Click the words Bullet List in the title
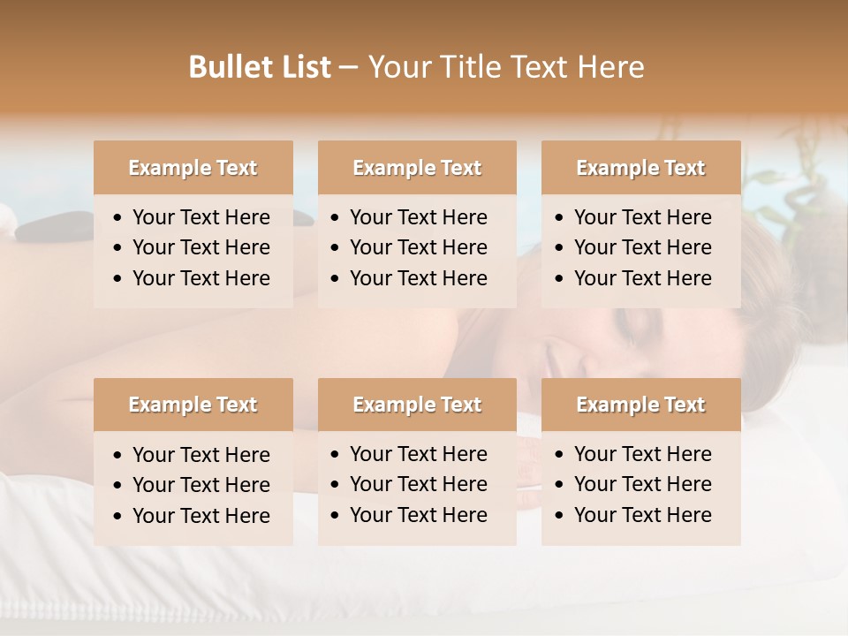260,67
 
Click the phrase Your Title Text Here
505,67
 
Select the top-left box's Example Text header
193,168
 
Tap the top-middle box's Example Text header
417,168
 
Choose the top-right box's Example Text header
640,168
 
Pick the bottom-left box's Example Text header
193,405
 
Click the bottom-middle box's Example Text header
417,405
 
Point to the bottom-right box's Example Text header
640,405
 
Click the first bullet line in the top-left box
201,217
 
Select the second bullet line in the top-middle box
418,247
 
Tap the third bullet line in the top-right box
642,278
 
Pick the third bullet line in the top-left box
201,278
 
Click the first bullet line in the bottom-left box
201,455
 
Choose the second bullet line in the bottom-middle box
418,484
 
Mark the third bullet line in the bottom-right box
642,515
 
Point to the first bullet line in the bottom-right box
642,454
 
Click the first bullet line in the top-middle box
418,217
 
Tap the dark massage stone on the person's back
49,229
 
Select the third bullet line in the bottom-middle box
418,515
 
